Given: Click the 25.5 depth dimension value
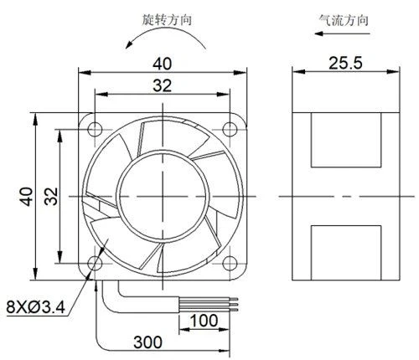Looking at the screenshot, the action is click(345, 63).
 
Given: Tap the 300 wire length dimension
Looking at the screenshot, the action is click(147, 342).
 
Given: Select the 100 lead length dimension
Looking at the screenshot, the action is click(204, 321).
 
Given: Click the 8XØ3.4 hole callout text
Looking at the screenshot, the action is click(36, 306).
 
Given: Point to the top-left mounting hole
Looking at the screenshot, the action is click(95, 129).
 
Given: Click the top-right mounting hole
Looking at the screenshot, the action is click(230, 129).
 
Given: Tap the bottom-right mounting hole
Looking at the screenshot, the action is click(230, 263).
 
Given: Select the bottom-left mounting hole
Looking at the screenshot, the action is click(95, 263).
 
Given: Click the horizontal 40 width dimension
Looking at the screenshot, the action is click(162, 64).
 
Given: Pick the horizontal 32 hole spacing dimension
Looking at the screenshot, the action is click(162, 85).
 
